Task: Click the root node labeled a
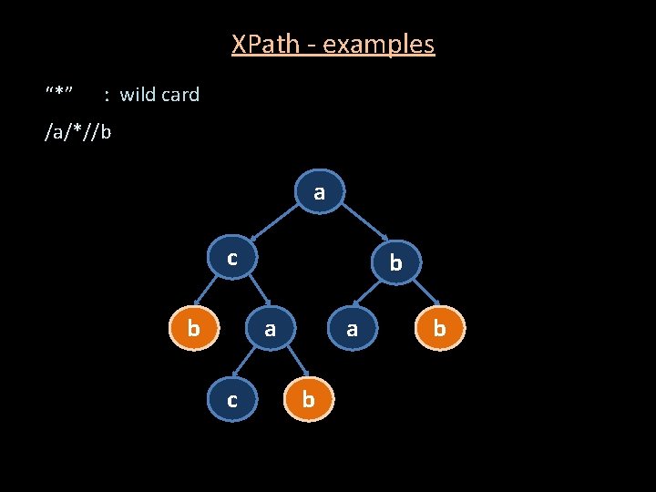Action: (x=318, y=193)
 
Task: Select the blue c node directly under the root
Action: (x=232, y=259)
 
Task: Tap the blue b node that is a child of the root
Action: (x=395, y=263)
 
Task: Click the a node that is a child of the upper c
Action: (x=270, y=329)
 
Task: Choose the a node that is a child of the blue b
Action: (x=352, y=329)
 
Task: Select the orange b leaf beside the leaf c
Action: (x=308, y=400)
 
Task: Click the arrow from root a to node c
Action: (x=272, y=224)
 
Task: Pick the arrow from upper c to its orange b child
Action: (x=210, y=292)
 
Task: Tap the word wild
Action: (x=138, y=94)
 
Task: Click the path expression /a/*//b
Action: (x=78, y=132)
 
